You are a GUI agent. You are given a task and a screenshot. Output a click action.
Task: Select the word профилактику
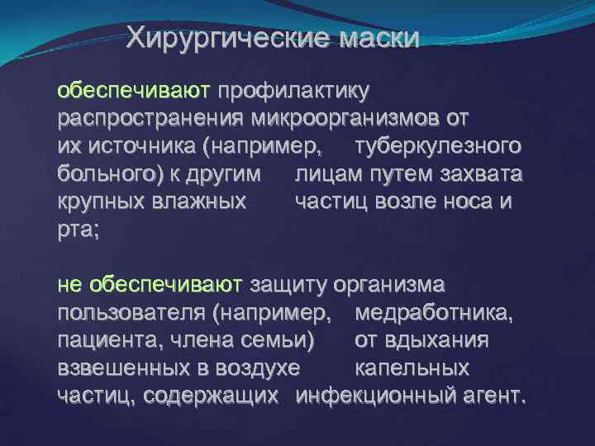(293, 89)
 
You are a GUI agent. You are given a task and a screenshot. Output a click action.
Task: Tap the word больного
(110, 176)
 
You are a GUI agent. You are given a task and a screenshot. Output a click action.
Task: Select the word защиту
(288, 285)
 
